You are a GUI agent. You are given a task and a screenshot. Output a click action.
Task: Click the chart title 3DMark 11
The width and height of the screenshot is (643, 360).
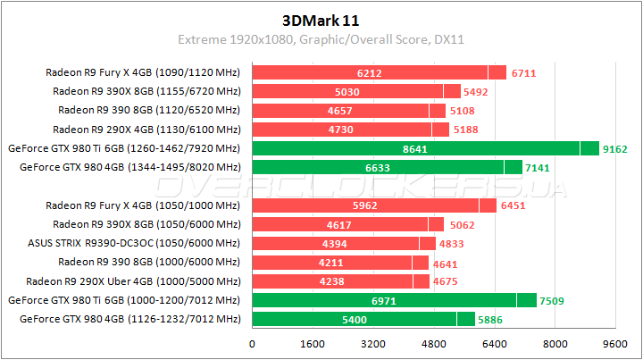[321, 20]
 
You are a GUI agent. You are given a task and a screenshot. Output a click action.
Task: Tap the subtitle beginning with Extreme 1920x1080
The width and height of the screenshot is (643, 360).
[321, 39]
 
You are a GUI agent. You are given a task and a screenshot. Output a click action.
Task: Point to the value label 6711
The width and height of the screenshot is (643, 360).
[525, 73]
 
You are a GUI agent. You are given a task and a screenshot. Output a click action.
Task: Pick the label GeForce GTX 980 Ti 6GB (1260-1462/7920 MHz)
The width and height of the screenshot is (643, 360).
[123, 148]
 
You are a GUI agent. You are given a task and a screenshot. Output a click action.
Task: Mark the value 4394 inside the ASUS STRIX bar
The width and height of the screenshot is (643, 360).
[336, 242]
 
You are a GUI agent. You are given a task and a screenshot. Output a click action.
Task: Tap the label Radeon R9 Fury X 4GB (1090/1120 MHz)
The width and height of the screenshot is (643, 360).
[144, 73]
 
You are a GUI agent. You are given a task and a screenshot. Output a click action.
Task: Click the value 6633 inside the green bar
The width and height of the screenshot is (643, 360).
[379, 167]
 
